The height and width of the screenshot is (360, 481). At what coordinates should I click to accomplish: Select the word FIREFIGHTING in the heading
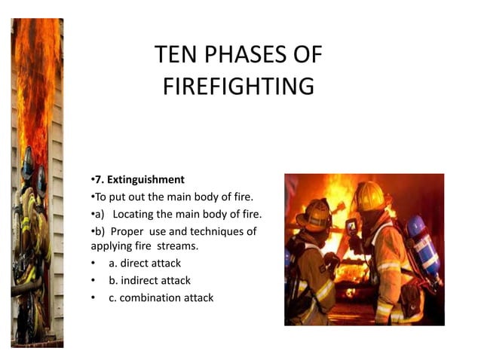237,87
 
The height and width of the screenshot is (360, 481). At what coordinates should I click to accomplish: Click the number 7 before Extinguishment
97,179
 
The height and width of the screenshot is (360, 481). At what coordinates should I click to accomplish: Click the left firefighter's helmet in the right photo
315,214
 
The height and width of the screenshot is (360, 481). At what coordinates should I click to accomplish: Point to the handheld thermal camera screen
351,224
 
